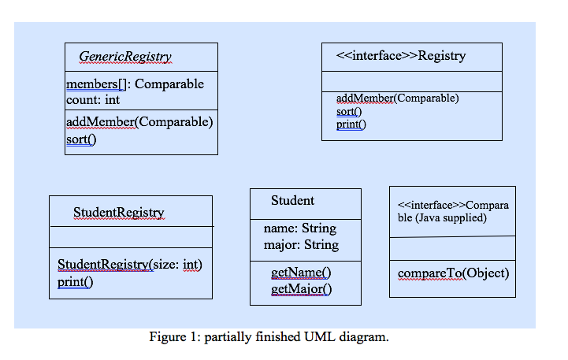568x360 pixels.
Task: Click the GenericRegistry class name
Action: (125, 57)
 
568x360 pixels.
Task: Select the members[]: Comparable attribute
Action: (135, 84)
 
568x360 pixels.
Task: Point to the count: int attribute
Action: (92, 100)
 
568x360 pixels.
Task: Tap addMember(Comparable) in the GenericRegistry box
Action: (139, 122)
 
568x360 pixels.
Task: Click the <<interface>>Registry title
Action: (400, 56)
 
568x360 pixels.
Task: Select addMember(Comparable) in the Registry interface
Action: (397, 98)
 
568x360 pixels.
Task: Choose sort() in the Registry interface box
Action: (348, 112)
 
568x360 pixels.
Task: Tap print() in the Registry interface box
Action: (351, 124)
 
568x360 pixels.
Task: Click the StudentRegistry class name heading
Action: (119, 213)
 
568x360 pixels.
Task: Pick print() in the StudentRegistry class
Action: (75, 281)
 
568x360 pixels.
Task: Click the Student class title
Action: (292, 201)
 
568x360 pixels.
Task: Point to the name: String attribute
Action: (299, 228)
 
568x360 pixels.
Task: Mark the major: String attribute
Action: (301, 245)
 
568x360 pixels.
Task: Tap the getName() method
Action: (301, 273)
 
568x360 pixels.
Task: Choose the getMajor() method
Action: (301, 289)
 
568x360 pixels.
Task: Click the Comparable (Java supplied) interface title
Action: (453, 211)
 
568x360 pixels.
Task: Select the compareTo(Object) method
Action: (453, 273)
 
